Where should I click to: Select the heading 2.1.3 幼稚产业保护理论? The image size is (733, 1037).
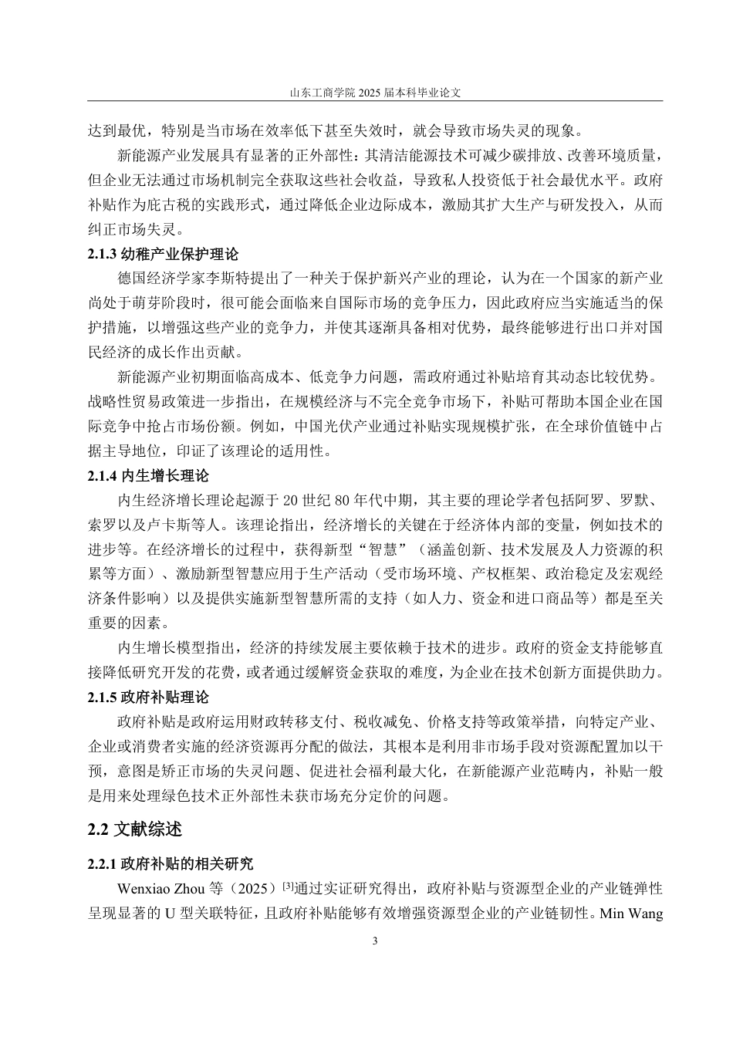[x=164, y=254]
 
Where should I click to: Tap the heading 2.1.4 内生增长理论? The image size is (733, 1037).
[x=148, y=475]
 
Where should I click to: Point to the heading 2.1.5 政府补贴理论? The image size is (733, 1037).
[x=148, y=697]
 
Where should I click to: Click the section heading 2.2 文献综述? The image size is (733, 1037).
[x=135, y=829]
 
